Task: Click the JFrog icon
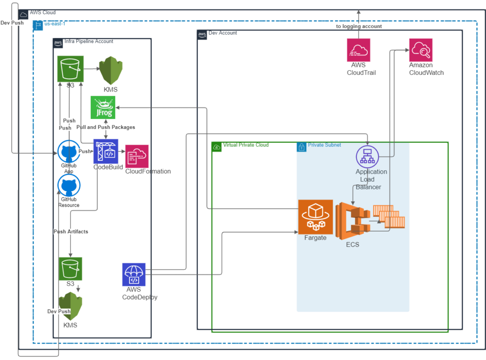pos(103,107)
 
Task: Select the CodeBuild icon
pos(106,151)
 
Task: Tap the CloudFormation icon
pos(137,156)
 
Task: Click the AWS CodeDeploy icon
pos(133,275)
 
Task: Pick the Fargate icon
pos(316,217)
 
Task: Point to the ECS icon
pos(353,221)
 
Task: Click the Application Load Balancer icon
pos(367,157)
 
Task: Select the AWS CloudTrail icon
pos(359,50)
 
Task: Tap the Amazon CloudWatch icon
pos(421,50)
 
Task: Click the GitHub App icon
pos(69,151)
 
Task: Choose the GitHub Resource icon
pos(69,185)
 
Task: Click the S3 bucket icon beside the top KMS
pos(70,69)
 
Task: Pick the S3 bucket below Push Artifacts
pos(70,268)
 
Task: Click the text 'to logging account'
pos(359,27)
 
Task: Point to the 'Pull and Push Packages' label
pos(106,127)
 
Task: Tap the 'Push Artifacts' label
pos(71,231)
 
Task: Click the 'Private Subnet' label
pos(324,145)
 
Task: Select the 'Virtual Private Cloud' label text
pos(246,145)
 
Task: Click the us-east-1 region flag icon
pos(38,26)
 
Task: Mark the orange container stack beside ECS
pos(389,216)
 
